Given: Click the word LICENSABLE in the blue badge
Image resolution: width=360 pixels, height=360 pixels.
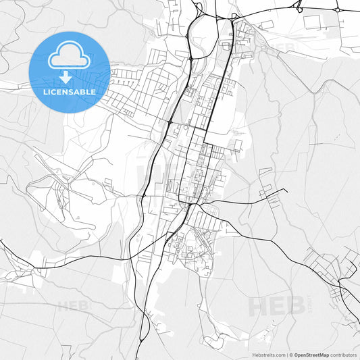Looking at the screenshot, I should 70,91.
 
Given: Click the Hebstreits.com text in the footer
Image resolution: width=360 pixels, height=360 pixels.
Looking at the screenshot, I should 267,354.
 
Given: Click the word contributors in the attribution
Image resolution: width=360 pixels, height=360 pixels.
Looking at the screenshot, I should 343,354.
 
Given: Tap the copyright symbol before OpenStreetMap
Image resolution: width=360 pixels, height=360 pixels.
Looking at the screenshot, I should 290,354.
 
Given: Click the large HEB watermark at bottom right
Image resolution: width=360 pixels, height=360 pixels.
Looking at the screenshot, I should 275,306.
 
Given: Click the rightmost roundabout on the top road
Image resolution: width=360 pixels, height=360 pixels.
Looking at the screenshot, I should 338,10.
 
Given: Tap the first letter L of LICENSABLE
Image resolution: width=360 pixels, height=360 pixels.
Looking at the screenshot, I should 45,91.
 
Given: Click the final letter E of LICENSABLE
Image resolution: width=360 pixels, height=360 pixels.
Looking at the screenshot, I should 93,91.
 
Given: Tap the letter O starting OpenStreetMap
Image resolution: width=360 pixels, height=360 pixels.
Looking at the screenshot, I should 297,354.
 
